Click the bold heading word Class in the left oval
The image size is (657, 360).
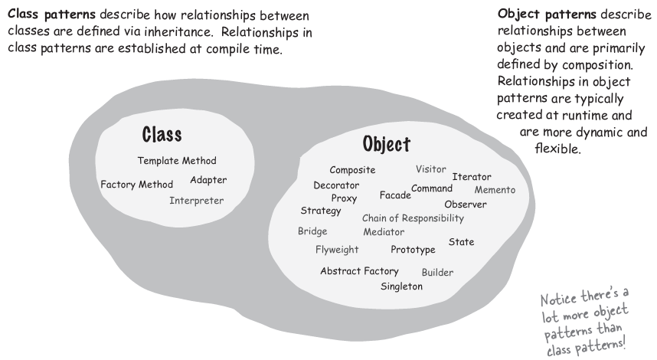[162, 135]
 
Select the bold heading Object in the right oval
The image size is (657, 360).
[386, 144]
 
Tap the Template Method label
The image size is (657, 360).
[177, 161]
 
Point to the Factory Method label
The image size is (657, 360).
[137, 185]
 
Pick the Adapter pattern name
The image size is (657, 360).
[208, 181]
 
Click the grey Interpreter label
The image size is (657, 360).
[197, 201]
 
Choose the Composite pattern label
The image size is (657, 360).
[352, 170]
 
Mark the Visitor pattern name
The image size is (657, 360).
[431, 169]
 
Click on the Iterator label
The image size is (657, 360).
[472, 177]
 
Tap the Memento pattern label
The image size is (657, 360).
[495, 190]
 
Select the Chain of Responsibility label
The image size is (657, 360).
[413, 218]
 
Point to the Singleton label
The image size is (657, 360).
[402, 286]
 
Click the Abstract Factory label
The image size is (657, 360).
[360, 271]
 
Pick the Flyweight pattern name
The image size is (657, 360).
[337, 250]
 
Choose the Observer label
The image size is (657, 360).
[466, 205]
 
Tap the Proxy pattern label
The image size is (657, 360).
[345, 198]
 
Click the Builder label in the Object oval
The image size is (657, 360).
[437, 273]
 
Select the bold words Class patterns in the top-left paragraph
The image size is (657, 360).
[45, 15]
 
